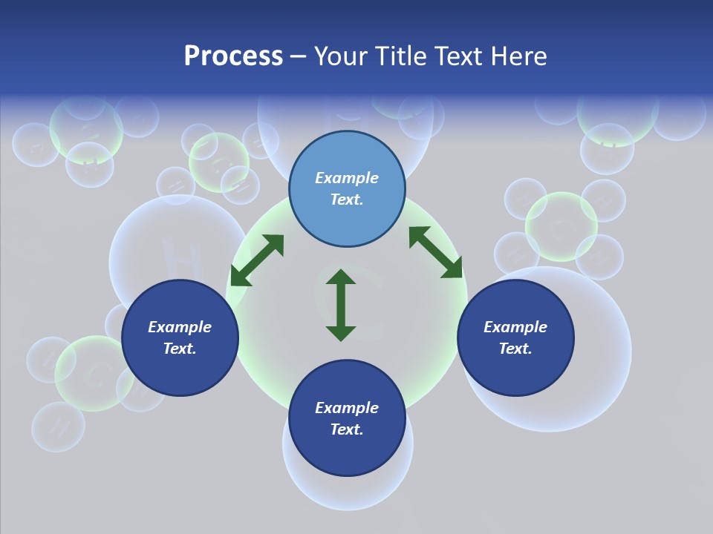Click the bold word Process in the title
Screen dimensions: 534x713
pyautogui.click(x=233, y=56)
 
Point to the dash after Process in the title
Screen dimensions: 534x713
pyautogui.click(x=298, y=57)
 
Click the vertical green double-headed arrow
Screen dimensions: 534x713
pyautogui.click(x=341, y=305)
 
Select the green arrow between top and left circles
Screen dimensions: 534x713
pyautogui.click(x=257, y=260)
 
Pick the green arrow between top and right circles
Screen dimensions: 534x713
pyautogui.click(x=435, y=252)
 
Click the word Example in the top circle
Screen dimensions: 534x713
pyautogui.click(x=347, y=178)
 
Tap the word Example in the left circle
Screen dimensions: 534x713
pyautogui.click(x=180, y=327)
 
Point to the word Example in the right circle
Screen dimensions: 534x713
pyautogui.click(x=515, y=327)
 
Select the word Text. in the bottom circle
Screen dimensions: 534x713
pyautogui.click(x=347, y=429)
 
